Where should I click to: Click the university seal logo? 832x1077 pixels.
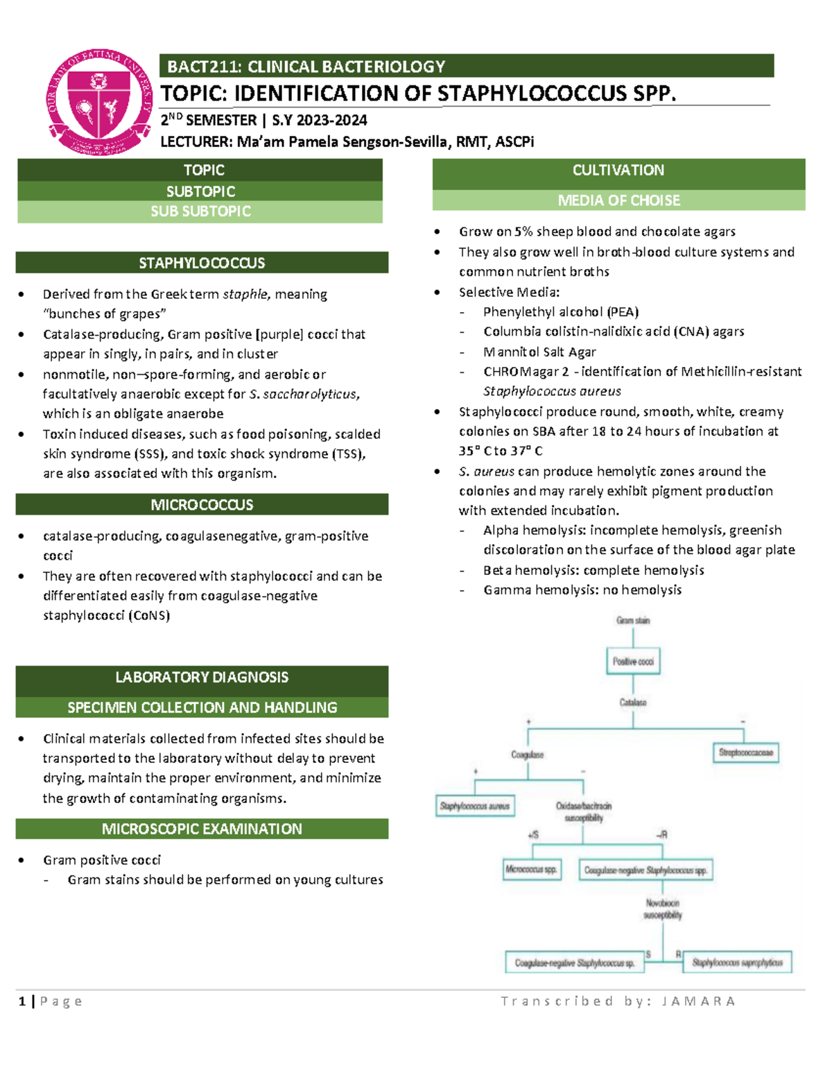pyautogui.click(x=99, y=102)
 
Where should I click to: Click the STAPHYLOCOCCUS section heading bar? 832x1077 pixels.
pyautogui.click(x=202, y=263)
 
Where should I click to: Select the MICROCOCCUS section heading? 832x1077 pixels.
pyautogui.click(x=202, y=505)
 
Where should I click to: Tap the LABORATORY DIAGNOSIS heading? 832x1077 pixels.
pyautogui.click(x=202, y=678)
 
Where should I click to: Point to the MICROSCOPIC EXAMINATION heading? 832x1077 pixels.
pyautogui.click(x=202, y=829)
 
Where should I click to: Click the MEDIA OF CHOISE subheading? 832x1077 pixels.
pyautogui.click(x=618, y=200)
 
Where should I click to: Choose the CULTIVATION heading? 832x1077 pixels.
pyautogui.click(x=618, y=171)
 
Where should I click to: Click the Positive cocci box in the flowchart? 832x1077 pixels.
pyautogui.click(x=633, y=662)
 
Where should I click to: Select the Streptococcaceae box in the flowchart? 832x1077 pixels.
pyautogui.click(x=745, y=752)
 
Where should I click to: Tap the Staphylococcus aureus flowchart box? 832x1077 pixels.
pyautogui.click(x=475, y=806)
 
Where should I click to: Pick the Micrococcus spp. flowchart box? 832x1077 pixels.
pyautogui.click(x=532, y=870)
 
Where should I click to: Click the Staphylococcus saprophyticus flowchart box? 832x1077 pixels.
pyautogui.click(x=737, y=963)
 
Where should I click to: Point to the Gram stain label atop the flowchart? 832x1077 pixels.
pyautogui.click(x=633, y=621)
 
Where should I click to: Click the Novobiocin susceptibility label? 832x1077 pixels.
pyautogui.click(x=663, y=909)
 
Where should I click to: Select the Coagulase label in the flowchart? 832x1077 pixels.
pyautogui.click(x=528, y=755)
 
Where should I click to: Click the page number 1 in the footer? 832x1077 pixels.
pyautogui.click(x=23, y=1001)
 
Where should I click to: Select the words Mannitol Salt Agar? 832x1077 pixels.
pyautogui.click(x=539, y=352)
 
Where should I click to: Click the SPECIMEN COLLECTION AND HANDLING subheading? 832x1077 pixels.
pyautogui.click(x=202, y=707)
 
